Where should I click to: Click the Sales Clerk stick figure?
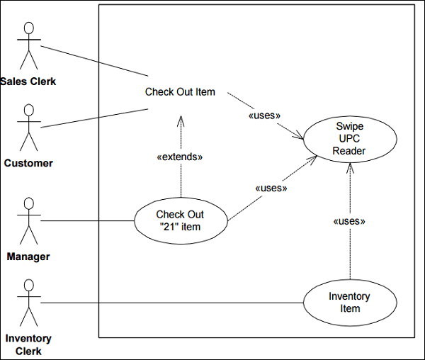pos(28,47)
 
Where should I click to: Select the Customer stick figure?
pos(28,128)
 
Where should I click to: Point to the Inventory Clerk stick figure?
pos(28,303)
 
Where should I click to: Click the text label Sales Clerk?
pos(28,81)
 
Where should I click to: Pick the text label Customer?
pos(28,163)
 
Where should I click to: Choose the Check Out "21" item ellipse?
pos(180,220)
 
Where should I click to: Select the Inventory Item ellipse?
pos(349,303)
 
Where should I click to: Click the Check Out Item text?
pos(180,91)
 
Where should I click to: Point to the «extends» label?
pos(179,157)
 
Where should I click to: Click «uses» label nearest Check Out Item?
pos(265,115)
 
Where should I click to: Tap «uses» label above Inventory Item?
pos(349,221)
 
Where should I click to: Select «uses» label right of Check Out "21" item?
pos(270,189)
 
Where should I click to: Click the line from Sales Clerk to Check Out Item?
pos(92,60)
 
